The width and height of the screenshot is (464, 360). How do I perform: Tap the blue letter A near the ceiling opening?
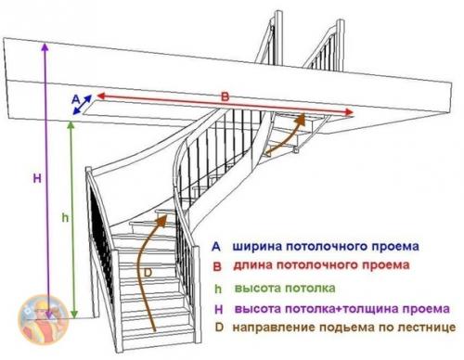pyautogui.click(x=73, y=96)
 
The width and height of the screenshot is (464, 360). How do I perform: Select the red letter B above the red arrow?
pyautogui.click(x=223, y=95)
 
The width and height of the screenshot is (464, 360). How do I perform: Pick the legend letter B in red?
pyautogui.click(x=215, y=267)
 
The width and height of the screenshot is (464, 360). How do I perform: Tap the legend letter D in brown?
pyautogui.click(x=215, y=328)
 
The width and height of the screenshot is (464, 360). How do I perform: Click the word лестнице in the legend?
pyautogui.click(x=426, y=328)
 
